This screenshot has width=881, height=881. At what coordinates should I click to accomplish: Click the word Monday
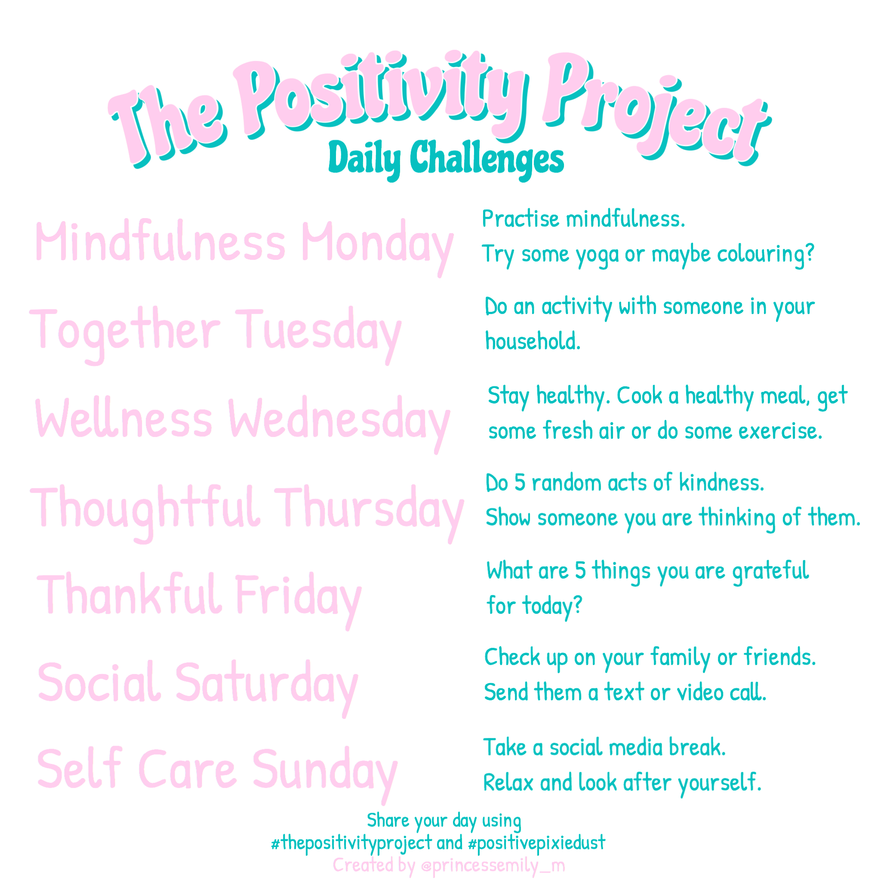[x=377, y=244]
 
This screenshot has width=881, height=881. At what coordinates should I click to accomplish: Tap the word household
[x=533, y=341]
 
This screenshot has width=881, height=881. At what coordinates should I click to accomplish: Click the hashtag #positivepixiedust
[x=536, y=843]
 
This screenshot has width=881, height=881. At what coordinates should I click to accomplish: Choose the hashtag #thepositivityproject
[x=351, y=843]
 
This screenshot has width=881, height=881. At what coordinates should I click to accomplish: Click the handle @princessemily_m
[x=493, y=865]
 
